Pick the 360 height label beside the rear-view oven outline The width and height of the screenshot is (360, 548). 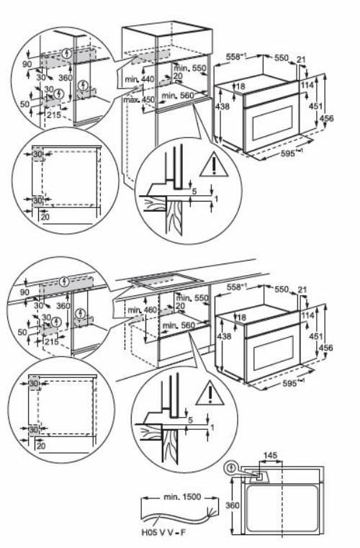coord(232,505)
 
